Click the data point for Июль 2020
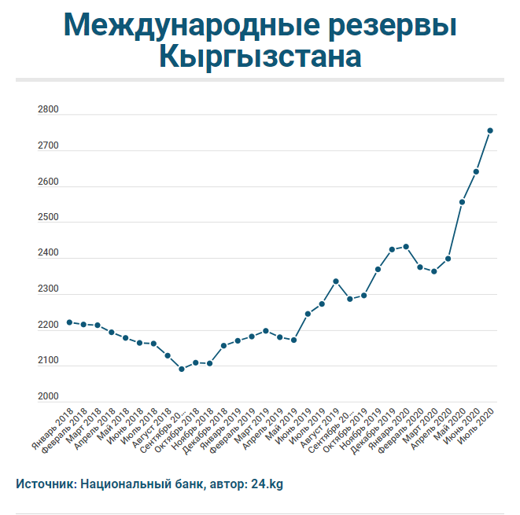coord(489,131)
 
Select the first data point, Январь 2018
coord(69,322)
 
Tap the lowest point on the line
coord(182,369)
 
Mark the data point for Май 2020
coord(462,202)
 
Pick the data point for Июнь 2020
coord(476,171)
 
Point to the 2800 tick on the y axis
coord(48,111)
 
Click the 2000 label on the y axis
coord(48,397)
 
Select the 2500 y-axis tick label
coord(48,218)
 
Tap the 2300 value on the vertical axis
coord(48,289)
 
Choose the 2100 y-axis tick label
coord(48,361)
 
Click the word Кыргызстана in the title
coord(260,57)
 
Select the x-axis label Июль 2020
coord(478,425)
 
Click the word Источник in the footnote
coord(45,484)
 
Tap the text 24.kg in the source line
coord(267,484)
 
